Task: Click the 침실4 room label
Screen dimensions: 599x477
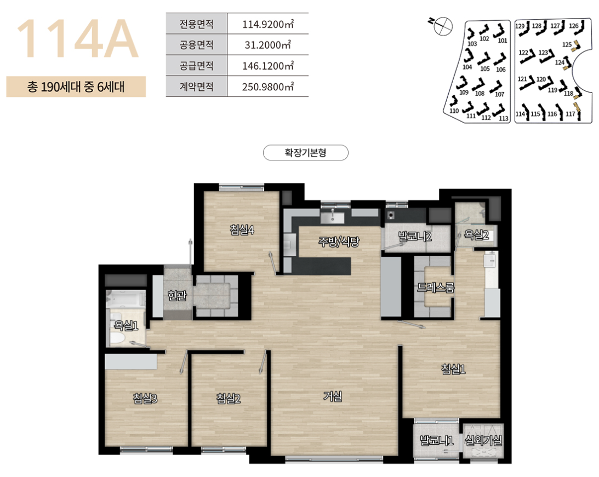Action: point(242,229)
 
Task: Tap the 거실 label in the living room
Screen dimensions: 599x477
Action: point(332,396)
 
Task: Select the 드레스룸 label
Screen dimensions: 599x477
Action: point(436,288)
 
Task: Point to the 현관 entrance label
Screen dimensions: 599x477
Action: point(177,295)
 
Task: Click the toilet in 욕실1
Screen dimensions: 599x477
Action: point(117,338)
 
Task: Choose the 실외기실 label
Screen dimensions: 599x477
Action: point(483,441)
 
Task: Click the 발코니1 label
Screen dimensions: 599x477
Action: point(436,441)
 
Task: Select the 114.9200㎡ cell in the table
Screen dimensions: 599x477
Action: point(268,24)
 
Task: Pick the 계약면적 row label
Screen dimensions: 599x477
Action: point(196,87)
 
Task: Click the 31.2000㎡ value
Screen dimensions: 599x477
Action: point(268,45)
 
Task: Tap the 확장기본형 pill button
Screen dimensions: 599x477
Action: point(306,153)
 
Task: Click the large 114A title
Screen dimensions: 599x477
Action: point(77,39)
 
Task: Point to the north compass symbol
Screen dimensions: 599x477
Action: point(443,25)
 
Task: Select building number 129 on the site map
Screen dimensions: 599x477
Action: point(520,26)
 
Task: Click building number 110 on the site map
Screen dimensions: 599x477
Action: point(454,111)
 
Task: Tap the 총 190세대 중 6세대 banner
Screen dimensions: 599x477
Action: point(76,87)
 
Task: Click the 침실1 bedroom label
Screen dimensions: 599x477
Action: point(453,369)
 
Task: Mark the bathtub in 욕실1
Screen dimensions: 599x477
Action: point(126,299)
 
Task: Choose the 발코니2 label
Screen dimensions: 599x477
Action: point(415,237)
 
